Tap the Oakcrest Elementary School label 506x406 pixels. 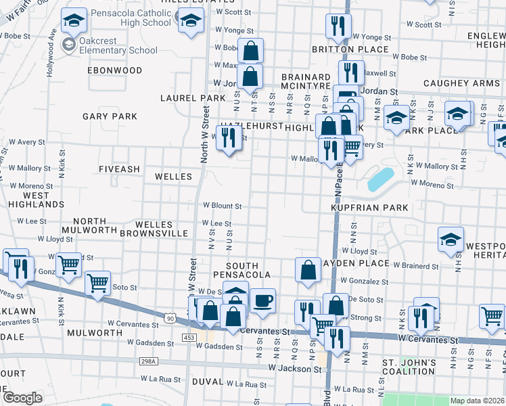118,45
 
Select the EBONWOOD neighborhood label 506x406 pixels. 115,70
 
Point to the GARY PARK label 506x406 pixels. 110,116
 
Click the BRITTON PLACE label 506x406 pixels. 350,49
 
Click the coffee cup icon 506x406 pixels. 262,300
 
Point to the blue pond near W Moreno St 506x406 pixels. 380,179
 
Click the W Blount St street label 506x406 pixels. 223,206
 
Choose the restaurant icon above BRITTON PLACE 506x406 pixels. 336,26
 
